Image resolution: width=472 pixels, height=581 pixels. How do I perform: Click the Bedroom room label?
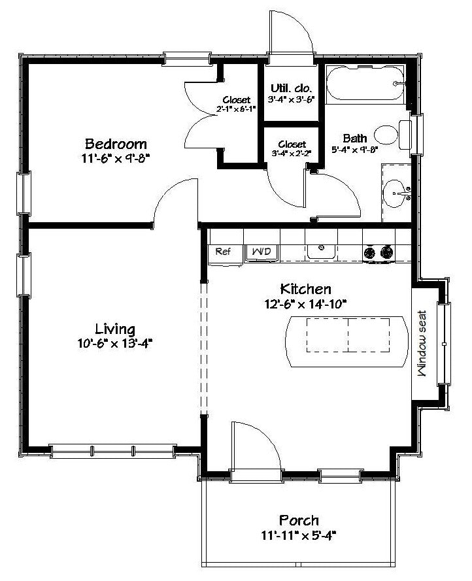pos(116,144)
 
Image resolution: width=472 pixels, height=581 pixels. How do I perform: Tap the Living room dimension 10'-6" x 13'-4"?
pos(115,344)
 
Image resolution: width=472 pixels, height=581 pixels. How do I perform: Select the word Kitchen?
pos(305,289)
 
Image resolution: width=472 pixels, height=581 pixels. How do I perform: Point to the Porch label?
pos(299,520)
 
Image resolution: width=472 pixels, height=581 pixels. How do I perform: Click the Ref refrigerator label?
pos(223,251)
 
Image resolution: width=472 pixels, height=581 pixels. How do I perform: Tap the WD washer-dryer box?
pos(261,252)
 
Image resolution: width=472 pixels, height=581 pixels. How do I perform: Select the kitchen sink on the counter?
pos(321,252)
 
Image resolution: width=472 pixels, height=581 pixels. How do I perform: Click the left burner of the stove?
pos(369,253)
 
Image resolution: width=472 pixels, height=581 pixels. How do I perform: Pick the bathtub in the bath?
pos(365,84)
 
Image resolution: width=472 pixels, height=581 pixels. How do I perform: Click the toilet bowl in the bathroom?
pos(386,135)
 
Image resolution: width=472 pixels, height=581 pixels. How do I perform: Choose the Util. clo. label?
pos(292,88)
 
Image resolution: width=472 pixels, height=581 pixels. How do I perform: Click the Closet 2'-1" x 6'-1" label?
pos(237,104)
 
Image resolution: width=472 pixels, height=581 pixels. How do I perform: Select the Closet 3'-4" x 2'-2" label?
pos(292,148)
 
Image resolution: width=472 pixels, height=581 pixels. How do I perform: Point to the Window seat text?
pos(422,343)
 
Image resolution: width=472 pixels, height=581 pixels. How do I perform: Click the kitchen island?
pos(346,341)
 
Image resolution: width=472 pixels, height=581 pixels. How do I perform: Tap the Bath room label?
pos(355,138)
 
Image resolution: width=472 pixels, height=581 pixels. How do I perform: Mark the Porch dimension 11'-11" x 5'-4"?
pos(299,536)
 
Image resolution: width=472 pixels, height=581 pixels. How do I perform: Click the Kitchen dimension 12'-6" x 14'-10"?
pos(305,304)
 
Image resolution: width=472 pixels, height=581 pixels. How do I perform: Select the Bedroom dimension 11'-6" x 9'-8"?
pos(115,159)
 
